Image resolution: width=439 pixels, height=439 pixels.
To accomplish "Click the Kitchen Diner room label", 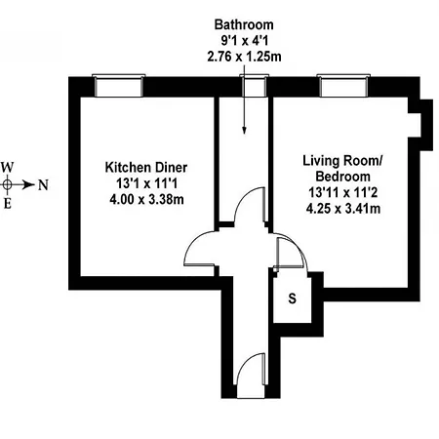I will (x=145, y=168).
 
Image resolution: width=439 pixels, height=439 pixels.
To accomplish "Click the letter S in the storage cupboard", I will (x=292, y=299).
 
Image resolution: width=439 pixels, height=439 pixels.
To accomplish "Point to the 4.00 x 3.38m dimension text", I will (x=145, y=200).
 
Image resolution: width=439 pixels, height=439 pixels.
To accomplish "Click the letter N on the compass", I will (x=43, y=183).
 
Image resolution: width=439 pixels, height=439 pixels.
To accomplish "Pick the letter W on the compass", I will (x=8, y=166).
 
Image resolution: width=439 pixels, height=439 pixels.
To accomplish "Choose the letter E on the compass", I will (x=8, y=203).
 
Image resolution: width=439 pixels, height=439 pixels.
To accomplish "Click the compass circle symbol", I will (x=8, y=183).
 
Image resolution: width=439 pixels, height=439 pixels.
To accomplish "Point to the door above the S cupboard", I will (x=291, y=256).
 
